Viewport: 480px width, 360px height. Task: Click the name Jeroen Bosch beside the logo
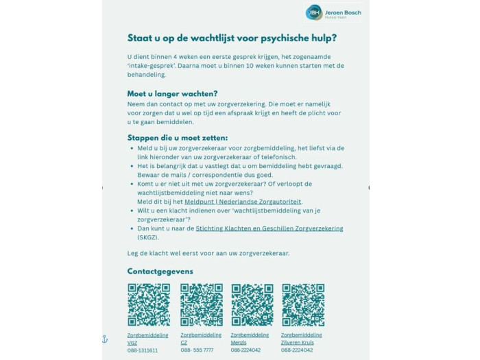coord(343,12)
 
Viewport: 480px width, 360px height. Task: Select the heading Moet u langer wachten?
coord(172,93)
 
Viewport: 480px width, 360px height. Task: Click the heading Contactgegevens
coord(160,271)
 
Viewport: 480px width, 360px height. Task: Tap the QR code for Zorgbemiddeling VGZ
coord(149,304)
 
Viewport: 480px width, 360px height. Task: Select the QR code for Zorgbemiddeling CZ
coord(201,304)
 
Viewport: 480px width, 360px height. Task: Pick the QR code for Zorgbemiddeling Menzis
coord(252,304)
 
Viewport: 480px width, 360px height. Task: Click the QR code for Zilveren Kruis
coord(302,304)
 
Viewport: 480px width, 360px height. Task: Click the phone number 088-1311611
coord(143,350)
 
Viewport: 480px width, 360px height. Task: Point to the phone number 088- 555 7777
coord(197,350)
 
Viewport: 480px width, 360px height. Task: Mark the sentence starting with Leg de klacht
coord(208,253)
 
